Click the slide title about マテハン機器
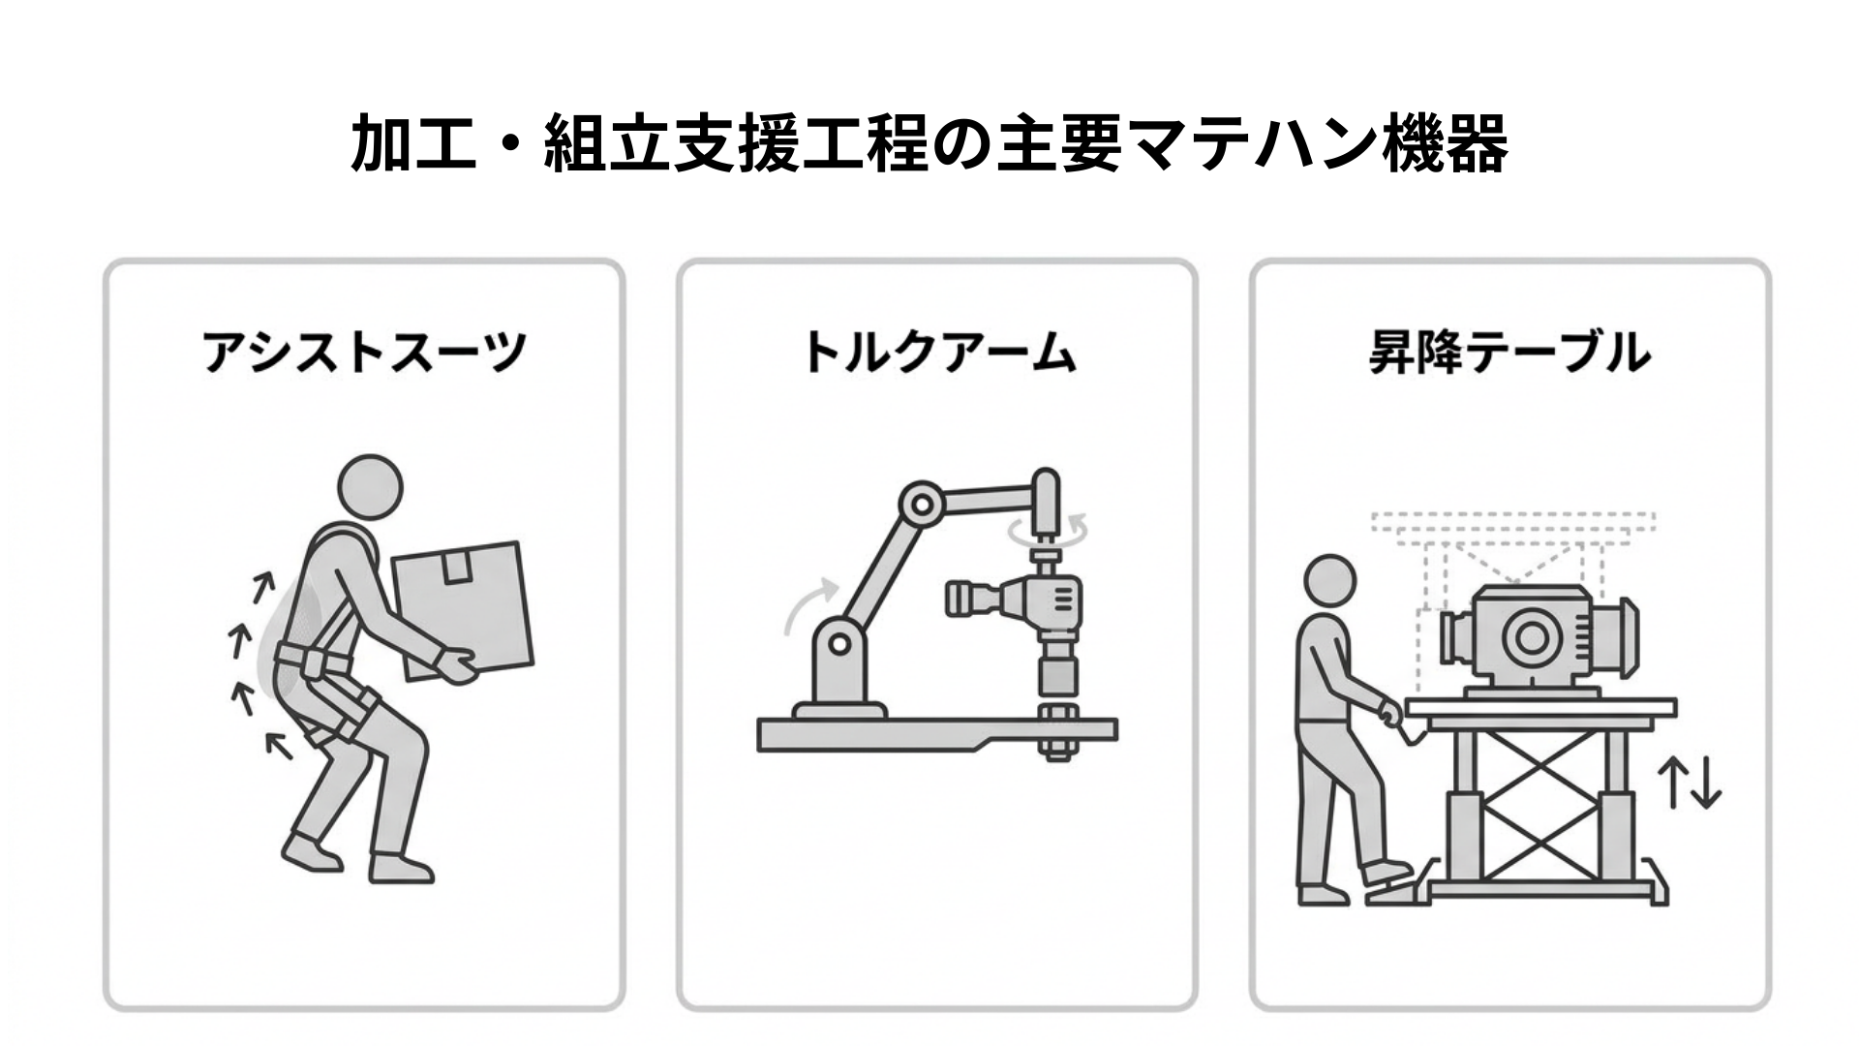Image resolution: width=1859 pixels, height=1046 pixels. [929, 143]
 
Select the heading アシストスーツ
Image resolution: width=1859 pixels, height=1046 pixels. [363, 352]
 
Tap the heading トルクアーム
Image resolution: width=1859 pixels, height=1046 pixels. [937, 352]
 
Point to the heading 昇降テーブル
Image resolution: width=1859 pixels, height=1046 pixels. [1509, 352]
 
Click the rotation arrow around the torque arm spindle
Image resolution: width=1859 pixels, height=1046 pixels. [1047, 532]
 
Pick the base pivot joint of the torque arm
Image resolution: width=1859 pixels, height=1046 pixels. [838, 643]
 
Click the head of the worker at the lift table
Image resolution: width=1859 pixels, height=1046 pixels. [1330, 585]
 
